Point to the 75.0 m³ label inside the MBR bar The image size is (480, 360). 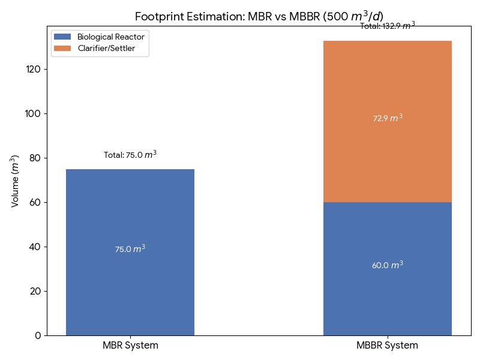point(130,248)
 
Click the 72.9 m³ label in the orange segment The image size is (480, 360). point(388,118)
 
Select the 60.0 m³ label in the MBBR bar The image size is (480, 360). point(388,265)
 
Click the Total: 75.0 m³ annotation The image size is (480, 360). point(130,155)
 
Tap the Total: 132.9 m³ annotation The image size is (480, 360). point(388,26)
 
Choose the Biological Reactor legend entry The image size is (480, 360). point(111,37)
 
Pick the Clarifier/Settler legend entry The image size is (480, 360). point(106,48)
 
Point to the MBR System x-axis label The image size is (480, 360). point(130,346)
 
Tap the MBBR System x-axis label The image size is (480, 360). point(388,346)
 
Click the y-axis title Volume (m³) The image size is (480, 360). point(16,181)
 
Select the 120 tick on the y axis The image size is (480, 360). point(33,69)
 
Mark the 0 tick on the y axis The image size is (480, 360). point(38,335)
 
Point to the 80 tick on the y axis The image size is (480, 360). point(34,158)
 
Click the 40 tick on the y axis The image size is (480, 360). point(34,247)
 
